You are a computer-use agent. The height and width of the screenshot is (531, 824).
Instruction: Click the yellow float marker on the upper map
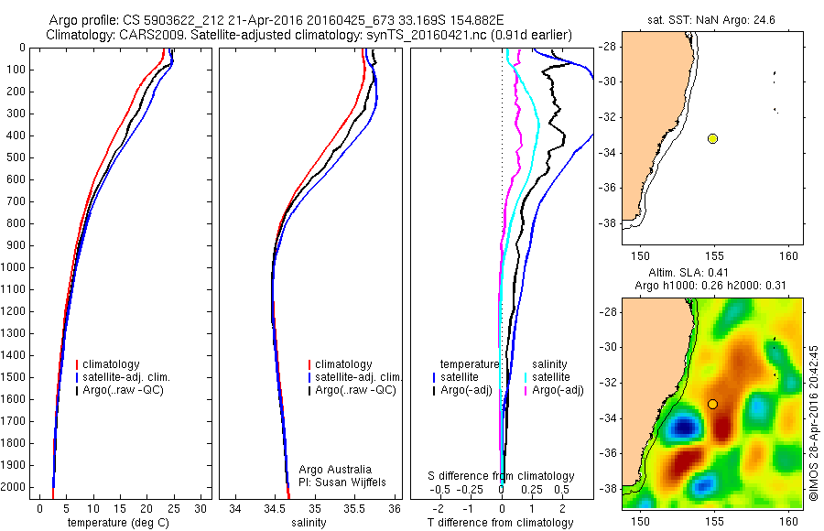(712, 138)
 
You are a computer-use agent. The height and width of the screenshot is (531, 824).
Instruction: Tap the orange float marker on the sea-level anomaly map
(712, 404)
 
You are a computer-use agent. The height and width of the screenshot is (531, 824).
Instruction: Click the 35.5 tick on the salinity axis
(355, 507)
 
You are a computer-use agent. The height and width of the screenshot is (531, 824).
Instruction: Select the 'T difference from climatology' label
(500, 523)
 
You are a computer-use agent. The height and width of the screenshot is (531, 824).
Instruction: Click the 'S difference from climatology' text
(502, 476)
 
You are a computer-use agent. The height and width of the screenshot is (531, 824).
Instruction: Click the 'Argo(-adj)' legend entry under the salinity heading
(558, 390)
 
